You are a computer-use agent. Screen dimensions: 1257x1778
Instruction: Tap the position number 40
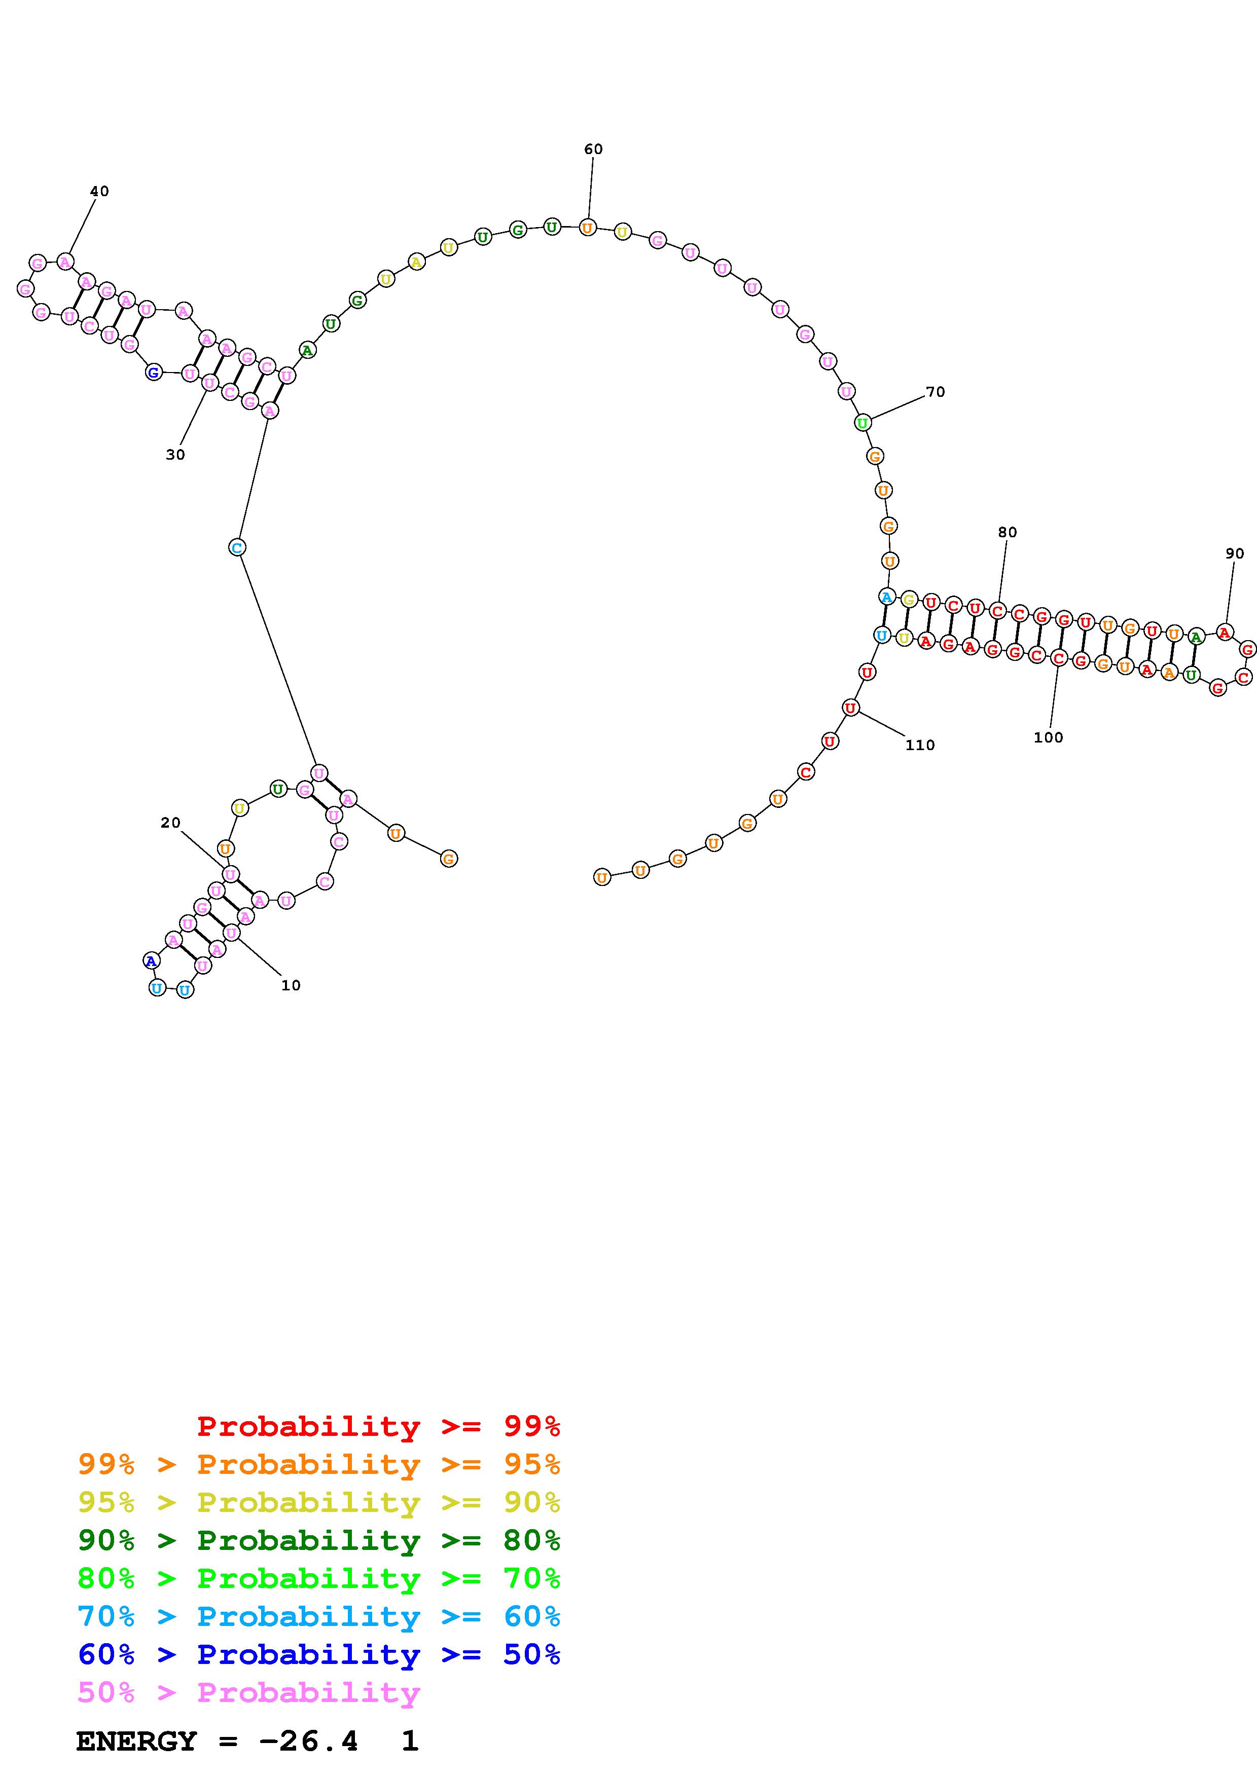(99, 191)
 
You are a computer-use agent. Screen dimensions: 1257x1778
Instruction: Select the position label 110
(920, 745)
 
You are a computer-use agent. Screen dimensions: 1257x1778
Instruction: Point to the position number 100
(1048, 737)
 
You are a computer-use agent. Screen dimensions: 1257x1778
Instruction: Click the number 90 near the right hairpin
(1235, 553)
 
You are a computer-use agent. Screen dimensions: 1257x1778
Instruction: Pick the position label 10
(291, 985)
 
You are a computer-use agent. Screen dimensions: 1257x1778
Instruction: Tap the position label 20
(170, 823)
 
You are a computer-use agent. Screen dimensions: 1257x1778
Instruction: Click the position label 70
(936, 392)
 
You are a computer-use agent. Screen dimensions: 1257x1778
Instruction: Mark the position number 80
(1007, 532)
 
